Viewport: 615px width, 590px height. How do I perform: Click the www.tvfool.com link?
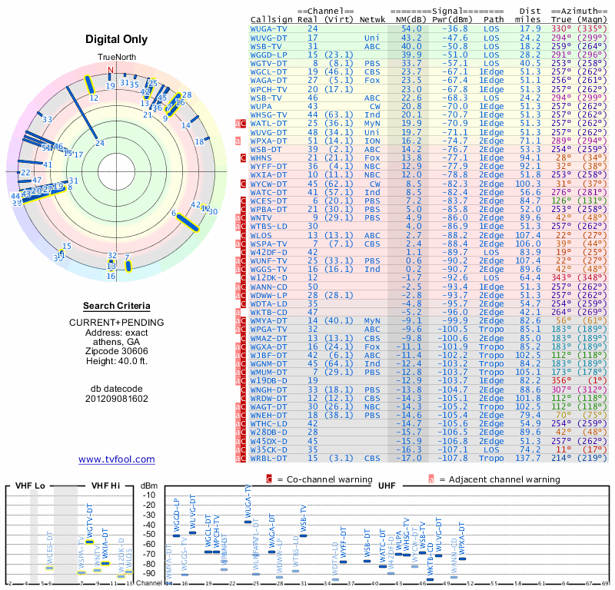pyautogui.click(x=116, y=459)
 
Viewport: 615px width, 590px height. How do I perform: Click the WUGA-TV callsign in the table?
pyautogui.click(x=269, y=28)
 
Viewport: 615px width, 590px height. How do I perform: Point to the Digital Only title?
pyautogui.click(x=117, y=39)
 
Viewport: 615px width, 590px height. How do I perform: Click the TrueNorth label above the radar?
pyautogui.click(x=116, y=58)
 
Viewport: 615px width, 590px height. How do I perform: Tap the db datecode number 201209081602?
pyautogui.click(x=116, y=399)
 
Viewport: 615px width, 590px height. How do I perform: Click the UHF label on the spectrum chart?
pyautogui.click(x=387, y=486)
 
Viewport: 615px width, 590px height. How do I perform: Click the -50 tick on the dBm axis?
pyautogui.click(x=149, y=534)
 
